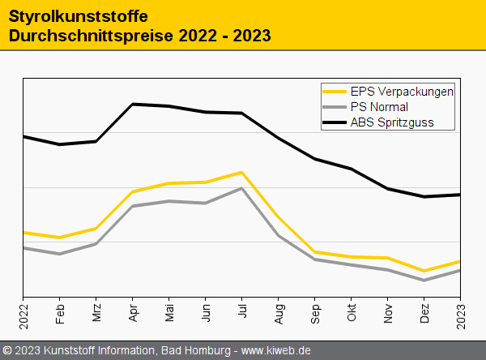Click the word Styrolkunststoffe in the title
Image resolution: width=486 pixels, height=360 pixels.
pyautogui.click(x=67, y=16)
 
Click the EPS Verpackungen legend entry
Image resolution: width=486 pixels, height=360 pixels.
pyautogui.click(x=402, y=91)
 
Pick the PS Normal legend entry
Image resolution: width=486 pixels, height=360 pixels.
pyautogui.click(x=379, y=107)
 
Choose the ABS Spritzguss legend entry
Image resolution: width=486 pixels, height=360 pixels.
pyautogui.click(x=392, y=122)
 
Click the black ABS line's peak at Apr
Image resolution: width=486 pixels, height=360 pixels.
pyautogui.click(x=133, y=104)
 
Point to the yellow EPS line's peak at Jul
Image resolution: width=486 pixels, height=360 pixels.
pyautogui.click(x=242, y=172)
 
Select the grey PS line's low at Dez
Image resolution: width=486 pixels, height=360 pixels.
pyautogui.click(x=424, y=281)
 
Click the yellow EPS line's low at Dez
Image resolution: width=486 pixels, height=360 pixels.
pyautogui.click(x=424, y=271)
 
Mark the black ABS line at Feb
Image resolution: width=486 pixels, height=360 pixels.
pyautogui.click(x=60, y=144)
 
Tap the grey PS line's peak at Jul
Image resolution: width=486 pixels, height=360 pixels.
pyautogui.click(x=242, y=188)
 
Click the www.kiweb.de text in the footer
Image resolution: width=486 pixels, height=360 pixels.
pyautogui.click(x=276, y=351)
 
